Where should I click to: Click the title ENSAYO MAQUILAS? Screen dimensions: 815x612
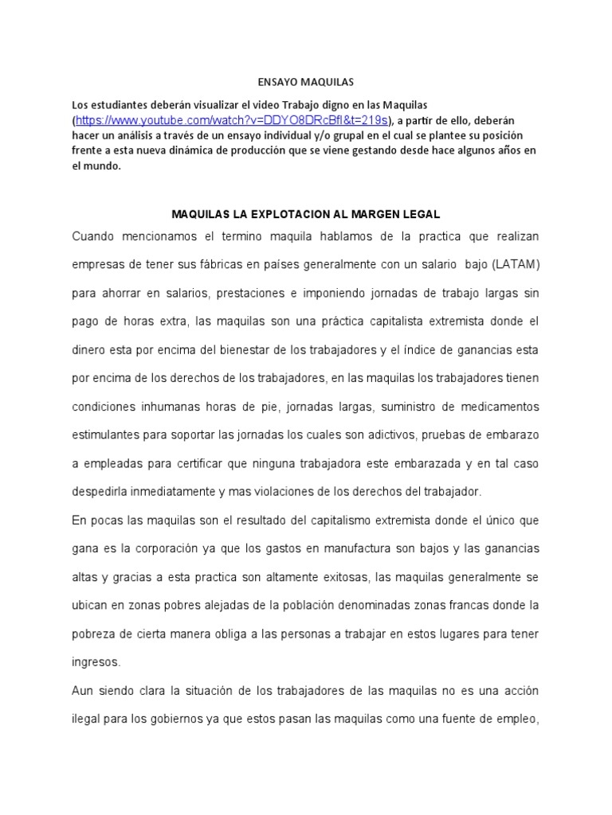pos(306,82)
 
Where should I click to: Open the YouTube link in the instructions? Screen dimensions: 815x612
pos(232,120)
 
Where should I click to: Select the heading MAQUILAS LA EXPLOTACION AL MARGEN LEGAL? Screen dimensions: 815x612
pos(306,215)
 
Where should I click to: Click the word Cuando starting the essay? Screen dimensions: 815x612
pos(94,236)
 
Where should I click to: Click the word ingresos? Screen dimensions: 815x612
pos(96,662)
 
